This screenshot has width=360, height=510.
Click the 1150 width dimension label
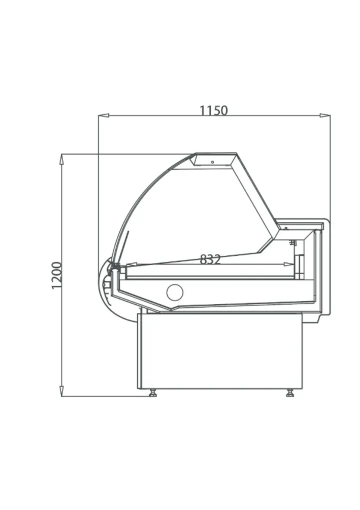pyautogui.click(x=213, y=110)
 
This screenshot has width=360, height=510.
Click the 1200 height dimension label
pyautogui.click(x=56, y=275)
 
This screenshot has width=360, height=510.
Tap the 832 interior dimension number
pyautogui.click(x=210, y=259)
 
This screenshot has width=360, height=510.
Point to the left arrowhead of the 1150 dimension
pyautogui.click(x=103, y=115)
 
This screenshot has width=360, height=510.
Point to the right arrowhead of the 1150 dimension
pyautogui.click(x=325, y=115)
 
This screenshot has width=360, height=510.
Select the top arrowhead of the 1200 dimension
pyautogui.click(x=61, y=159)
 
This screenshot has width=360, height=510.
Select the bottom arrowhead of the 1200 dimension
pyautogui.click(x=61, y=391)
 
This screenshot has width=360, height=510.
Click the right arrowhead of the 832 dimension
pyautogui.click(x=288, y=265)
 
